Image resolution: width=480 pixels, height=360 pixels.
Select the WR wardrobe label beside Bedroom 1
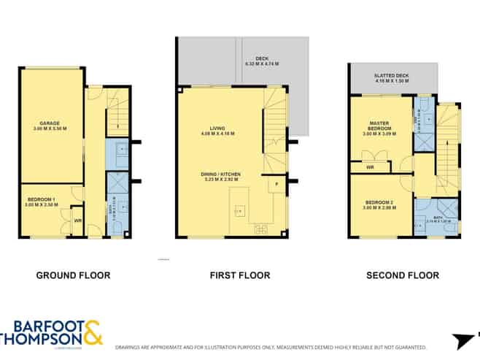pos(77,221)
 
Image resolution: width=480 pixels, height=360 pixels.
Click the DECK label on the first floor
pos(262,60)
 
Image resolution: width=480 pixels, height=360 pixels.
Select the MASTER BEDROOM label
pos(378,126)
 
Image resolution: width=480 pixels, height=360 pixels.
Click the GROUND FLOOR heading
pos(73,275)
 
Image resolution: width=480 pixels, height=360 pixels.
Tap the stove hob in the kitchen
pos(260,229)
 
